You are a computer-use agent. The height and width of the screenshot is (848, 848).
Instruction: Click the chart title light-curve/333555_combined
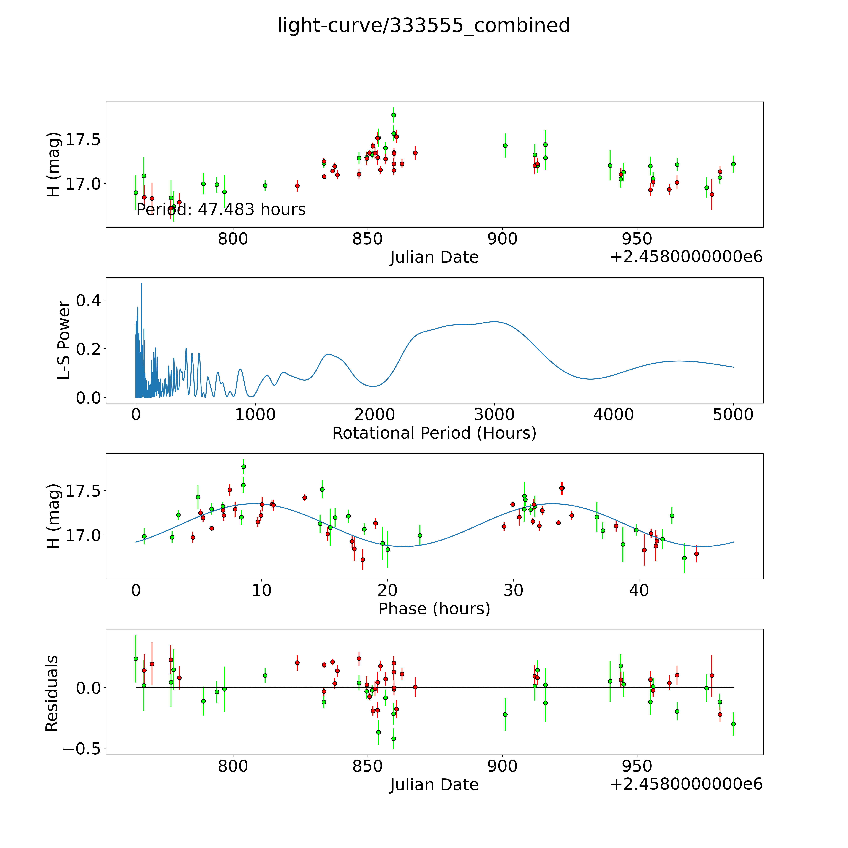click(x=424, y=25)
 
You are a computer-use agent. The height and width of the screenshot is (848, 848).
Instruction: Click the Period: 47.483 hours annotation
click(x=221, y=210)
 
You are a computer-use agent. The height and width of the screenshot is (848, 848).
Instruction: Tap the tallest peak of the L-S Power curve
click(x=141, y=284)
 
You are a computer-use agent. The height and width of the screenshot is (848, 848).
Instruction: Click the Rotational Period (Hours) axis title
click(x=434, y=433)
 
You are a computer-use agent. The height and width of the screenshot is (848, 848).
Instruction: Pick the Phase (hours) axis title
click(x=434, y=609)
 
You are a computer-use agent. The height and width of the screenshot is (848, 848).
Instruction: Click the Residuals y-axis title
click(x=52, y=693)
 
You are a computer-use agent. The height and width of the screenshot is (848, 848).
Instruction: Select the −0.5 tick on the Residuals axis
click(x=81, y=749)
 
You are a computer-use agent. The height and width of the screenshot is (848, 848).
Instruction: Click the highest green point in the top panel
click(x=394, y=115)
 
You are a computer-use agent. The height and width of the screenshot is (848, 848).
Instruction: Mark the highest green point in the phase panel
click(x=244, y=467)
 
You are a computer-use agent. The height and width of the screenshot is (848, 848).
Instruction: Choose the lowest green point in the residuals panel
click(x=394, y=739)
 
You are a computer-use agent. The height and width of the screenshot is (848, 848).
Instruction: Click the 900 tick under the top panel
click(x=503, y=239)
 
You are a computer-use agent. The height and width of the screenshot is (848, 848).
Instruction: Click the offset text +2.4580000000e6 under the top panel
click(x=686, y=257)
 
